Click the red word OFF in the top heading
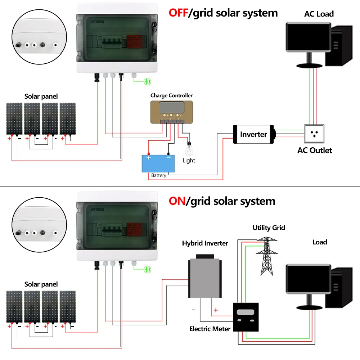[x=179, y=13]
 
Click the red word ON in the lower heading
[x=177, y=201]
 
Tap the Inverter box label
[x=253, y=134]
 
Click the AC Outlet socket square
[x=314, y=134]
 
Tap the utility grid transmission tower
[x=266, y=256]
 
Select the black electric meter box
[x=246, y=316]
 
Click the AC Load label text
[x=319, y=14]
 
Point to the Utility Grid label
[x=269, y=228]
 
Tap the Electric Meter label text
[x=210, y=329]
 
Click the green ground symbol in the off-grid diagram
[x=147, y=82]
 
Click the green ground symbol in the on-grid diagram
[x=147, y=269]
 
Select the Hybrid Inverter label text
[x=205, y=243]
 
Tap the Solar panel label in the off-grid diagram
[x=41, y=96]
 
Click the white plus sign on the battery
[x=148, y=158]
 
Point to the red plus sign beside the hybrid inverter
[x=216, y=310]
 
